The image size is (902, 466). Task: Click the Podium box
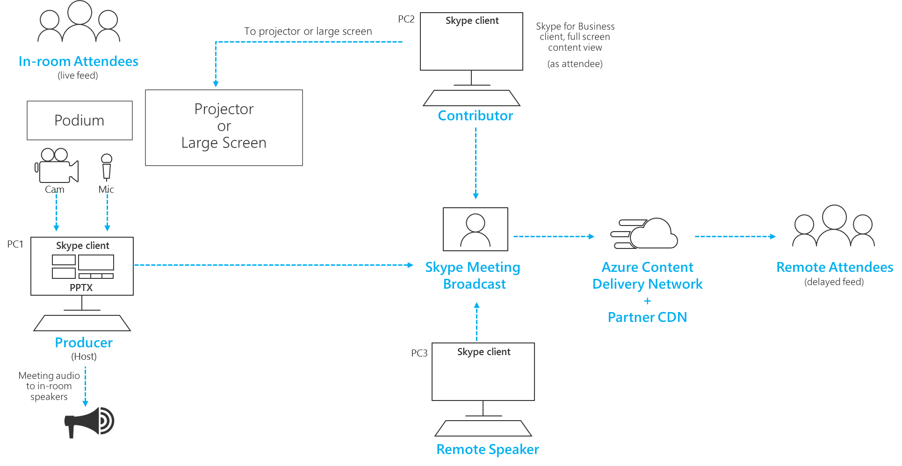coord(79,120)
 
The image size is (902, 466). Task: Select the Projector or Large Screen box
coord(224,127)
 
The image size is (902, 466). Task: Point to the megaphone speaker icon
coord(90,422)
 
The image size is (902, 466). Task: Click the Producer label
coord(84,343)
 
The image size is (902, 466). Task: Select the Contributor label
coord(475,116)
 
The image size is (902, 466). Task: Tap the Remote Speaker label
coord(487,450)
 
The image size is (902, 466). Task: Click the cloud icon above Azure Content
coord(645,234)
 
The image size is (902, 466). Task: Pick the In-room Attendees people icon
coord(79,22)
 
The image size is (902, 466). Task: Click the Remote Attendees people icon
coord(833,226)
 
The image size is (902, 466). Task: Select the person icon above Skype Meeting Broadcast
coord(475,229)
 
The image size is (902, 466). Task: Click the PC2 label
coord(406,19)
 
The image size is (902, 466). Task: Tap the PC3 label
coord(419,353)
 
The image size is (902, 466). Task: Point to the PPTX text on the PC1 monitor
coord(81,287)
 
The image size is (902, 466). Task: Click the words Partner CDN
coord(647,317)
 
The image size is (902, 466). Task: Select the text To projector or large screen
coord(308,31)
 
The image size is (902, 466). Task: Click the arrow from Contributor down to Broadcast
coord(476,164)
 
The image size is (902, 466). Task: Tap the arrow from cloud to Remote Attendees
coord(735,236)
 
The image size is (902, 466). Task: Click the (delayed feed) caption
coord(834,282)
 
